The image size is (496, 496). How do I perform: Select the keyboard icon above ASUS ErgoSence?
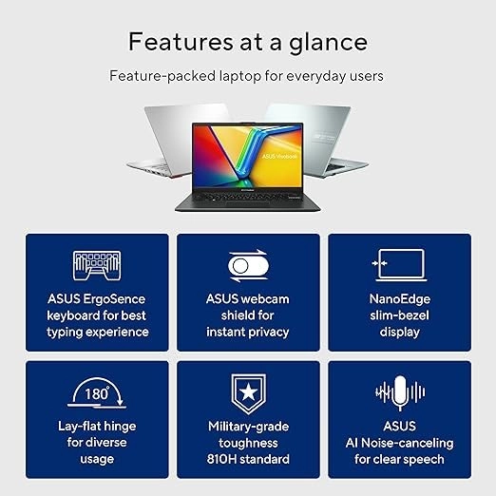97,265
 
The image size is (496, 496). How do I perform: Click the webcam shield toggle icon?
248,265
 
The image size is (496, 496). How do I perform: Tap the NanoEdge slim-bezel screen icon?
399,265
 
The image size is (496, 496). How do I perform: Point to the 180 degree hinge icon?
97,391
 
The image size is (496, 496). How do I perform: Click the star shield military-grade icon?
248,391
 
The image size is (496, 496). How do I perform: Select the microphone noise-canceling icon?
399,391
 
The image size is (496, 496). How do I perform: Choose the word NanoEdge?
399,299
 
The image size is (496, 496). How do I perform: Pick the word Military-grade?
248,427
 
